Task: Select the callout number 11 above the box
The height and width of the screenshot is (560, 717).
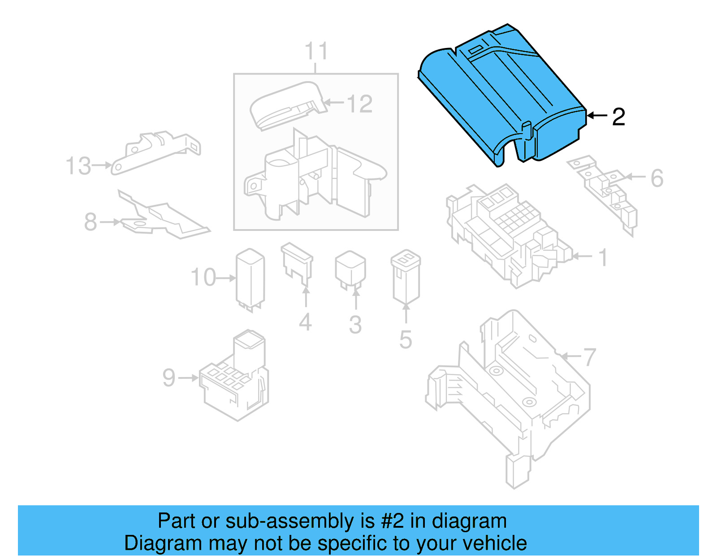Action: pos(316,51)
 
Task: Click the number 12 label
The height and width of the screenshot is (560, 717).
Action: pos(359,104)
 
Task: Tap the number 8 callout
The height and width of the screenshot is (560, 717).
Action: pos(91,221)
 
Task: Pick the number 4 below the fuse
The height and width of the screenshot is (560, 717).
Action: pos(305,322)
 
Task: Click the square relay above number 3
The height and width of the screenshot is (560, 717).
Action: pos(350,269)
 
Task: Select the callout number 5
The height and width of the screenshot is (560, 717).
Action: pos(406,339)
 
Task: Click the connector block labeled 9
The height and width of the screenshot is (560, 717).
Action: pos(235,381)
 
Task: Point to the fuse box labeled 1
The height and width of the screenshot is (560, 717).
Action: pos(506,233)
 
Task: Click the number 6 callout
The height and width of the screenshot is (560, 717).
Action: pos(657,178)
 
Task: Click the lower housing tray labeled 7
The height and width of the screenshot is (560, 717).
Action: pos(511,395)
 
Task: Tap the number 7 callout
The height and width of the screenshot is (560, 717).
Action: pos(589,357)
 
